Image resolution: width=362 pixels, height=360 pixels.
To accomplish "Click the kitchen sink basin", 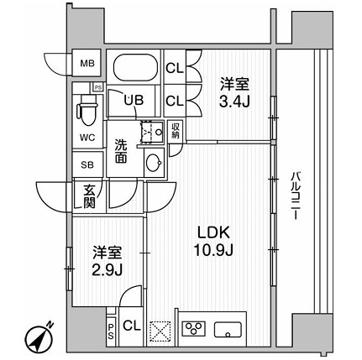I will coord(228,327).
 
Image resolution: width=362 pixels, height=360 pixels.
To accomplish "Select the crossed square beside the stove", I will coord(159,328).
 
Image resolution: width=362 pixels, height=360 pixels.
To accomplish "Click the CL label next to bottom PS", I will coord(131,326).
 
